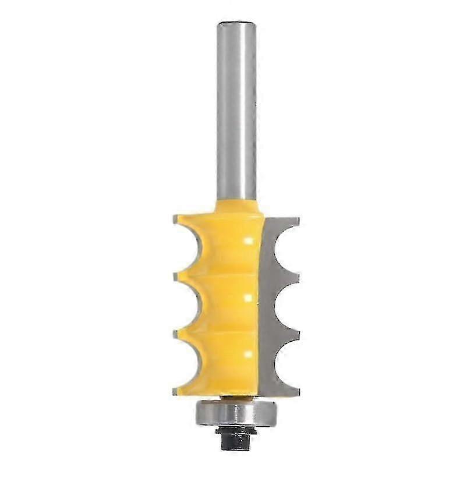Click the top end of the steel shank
(237, 24)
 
